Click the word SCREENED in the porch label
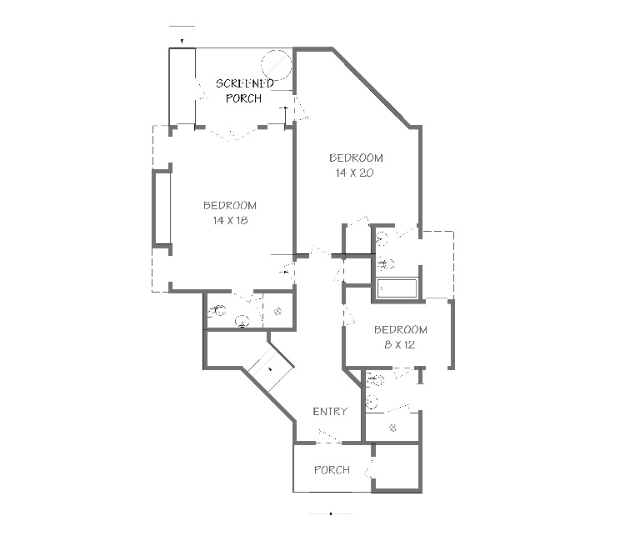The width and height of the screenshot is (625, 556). click(x=245, y=83)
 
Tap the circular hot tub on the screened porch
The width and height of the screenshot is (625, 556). click(x=276, y=65)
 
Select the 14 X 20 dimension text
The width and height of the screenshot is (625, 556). click(x=354, y=173)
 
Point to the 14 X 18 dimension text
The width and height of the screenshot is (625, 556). click(x=230, y=220)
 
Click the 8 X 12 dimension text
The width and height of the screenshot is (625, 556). click(x=400, y=344)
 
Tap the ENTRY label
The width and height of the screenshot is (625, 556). click(x=330, y=411)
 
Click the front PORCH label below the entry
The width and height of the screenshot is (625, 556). click(x=332, y=469)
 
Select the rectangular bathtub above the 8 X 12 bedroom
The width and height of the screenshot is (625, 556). click(x=397, y=288)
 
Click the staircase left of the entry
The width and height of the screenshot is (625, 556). click(x=271, y=368)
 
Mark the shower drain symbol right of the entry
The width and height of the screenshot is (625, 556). click(x=392, y=428)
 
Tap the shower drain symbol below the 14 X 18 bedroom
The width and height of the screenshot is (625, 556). click(x=277, y=311)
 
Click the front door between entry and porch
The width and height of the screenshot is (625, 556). click(x=329, y=437)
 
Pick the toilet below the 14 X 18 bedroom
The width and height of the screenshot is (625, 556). click(x=217, y=310)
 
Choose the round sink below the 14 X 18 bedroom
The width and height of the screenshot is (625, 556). click(x=242, y=321)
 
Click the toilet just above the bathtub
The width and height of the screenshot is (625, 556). click(x=386, y=263)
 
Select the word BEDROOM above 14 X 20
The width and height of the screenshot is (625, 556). click(x=357, y=158)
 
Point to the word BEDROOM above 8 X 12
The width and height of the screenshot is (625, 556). click(x=401, y=330)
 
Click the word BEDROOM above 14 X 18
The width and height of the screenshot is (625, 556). click(x=230, y=205)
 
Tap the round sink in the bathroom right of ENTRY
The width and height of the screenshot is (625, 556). click(x=372, y=401)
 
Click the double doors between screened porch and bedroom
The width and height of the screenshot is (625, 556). click(x=236, y=133)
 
